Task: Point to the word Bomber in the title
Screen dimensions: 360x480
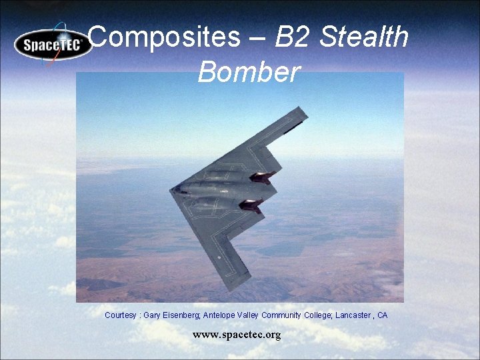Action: coord(249,72)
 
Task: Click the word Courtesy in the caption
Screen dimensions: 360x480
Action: coord(121,315)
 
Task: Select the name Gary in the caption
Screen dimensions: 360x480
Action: coord(152,315)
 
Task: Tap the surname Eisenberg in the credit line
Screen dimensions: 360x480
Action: coord(181,315)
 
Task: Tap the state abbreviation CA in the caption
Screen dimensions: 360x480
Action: coord(382,315)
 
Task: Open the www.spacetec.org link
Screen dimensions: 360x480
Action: coord(237,334)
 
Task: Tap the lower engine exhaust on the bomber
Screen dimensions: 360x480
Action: coord(251,205)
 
